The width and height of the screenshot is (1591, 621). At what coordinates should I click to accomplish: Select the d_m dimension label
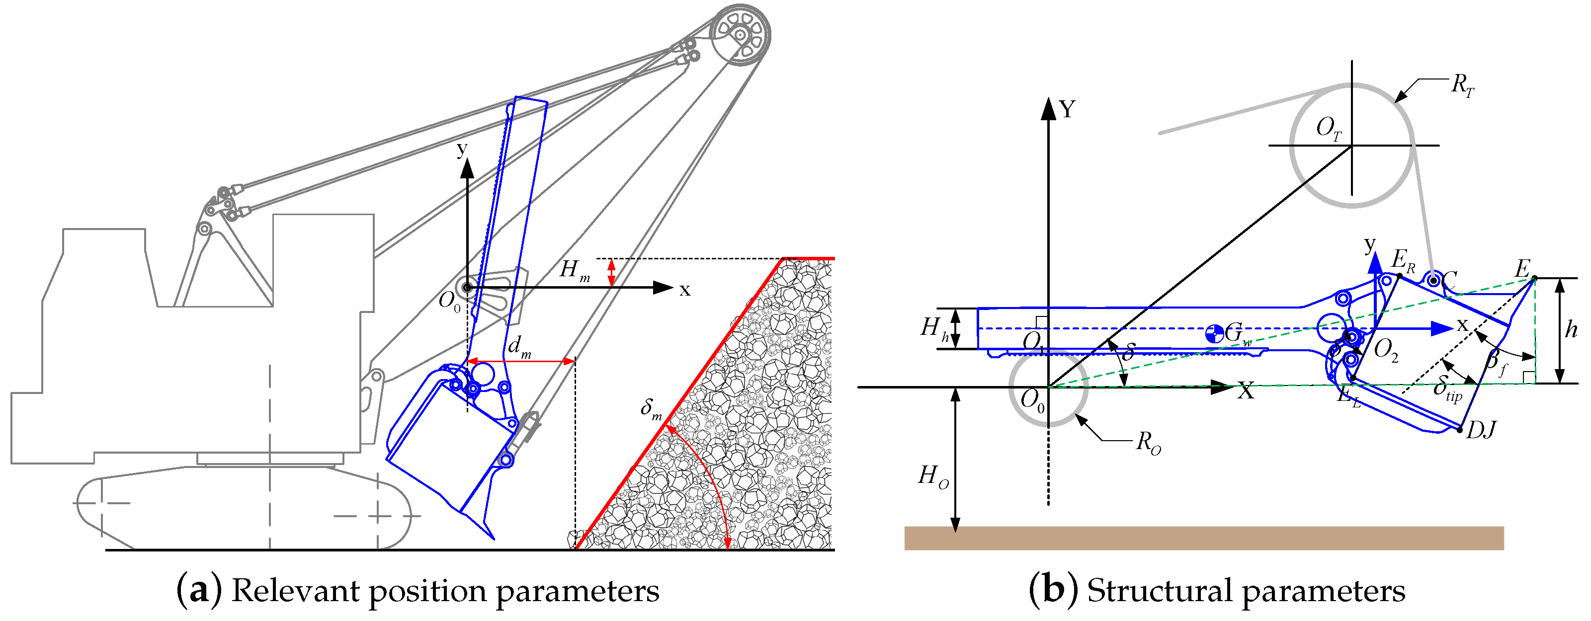click(519, 348)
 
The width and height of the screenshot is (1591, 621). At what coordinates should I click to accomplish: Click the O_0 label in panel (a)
click(449, 302)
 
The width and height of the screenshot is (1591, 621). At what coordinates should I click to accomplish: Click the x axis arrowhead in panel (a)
click(664, 288)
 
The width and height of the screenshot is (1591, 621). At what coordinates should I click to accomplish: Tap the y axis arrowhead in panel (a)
click(468, 167)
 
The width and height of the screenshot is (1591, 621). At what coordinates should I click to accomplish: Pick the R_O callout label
click(1148, 443)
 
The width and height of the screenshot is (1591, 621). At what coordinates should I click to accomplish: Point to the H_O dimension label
click(932, 476)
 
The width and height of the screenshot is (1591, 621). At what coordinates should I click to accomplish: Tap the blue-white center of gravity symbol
click(1214, 334)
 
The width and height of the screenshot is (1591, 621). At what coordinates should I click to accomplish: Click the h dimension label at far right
click(1571, 330)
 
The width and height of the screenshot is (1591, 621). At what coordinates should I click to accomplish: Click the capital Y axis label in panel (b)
click(1067, 110)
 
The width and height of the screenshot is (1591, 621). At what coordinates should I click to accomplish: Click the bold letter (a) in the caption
click(199, 591)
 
